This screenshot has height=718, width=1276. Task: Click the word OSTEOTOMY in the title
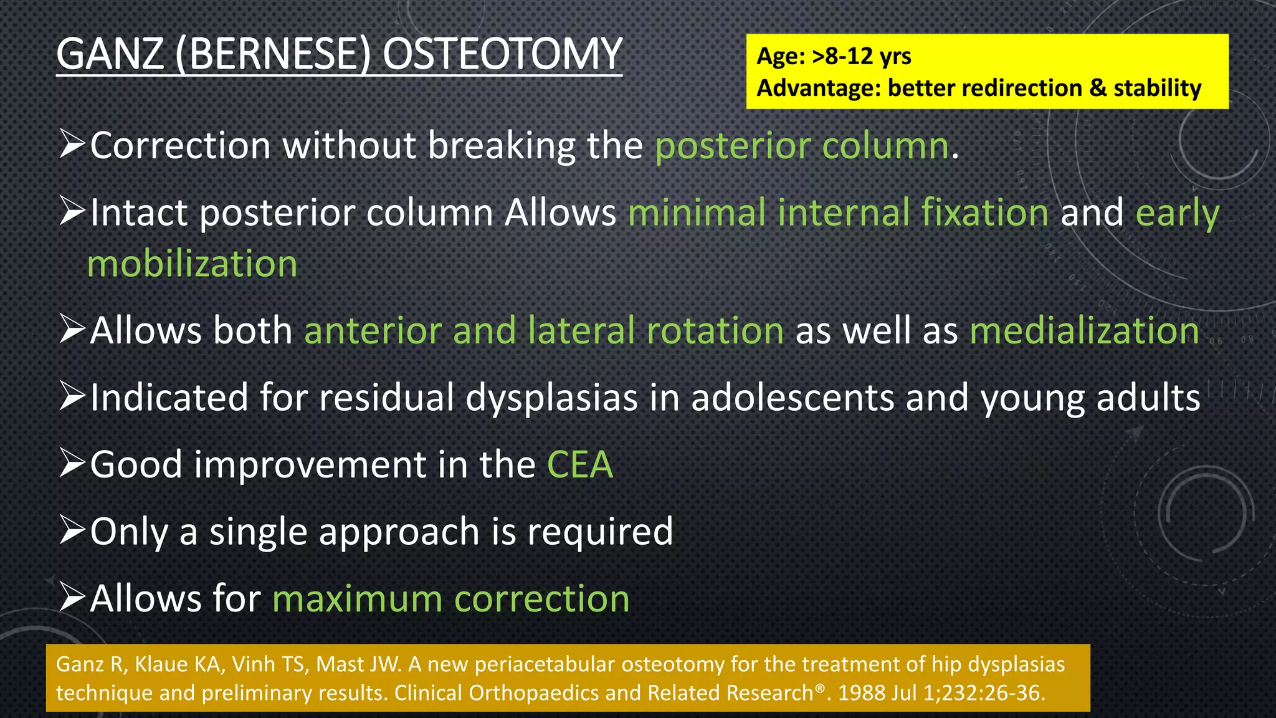502,54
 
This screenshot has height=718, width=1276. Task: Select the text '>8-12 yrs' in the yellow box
862,56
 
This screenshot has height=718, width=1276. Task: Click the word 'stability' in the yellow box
1157,88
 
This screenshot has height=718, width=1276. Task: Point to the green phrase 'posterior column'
802,146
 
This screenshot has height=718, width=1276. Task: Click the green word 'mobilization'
193,264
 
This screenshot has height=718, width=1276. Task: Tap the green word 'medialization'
1084,330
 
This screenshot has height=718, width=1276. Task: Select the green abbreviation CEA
579,465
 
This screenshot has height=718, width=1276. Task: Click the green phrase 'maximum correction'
451,599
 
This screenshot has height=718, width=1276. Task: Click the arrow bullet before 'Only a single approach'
72,530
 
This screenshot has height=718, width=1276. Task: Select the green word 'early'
1177,213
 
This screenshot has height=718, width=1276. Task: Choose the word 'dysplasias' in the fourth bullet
552,398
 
